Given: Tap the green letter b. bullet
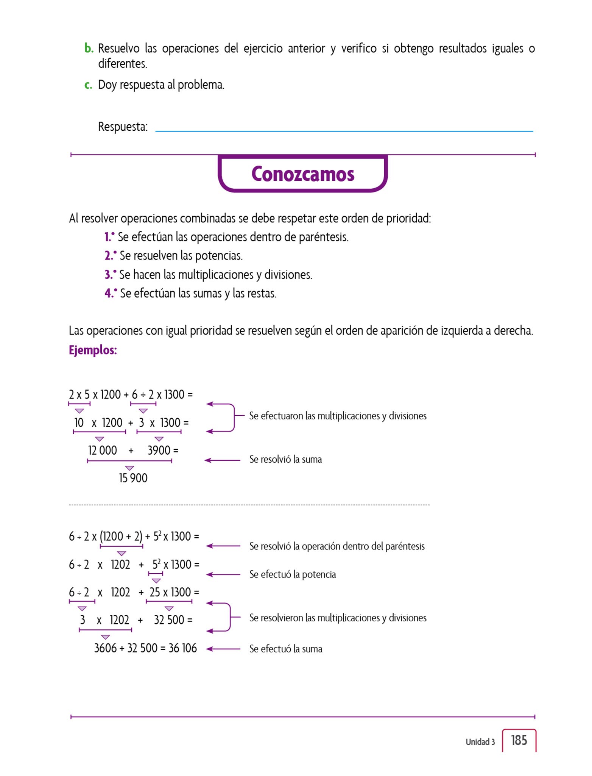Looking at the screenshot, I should (x=89, y=48).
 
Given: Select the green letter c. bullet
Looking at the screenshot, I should (x=88, y=85).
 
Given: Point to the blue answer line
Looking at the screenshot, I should (x=344, y=131).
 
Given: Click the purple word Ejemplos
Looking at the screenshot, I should (x=93, y=350).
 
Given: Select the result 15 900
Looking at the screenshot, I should (x=133, y=478).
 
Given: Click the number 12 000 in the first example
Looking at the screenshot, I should (x=102, y=451).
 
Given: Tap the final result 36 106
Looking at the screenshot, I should (x=182, y=648).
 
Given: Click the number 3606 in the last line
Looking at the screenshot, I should (x=105, y=648).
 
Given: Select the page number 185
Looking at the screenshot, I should (x=519, y=740).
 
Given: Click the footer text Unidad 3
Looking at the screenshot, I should (x=480, y=742).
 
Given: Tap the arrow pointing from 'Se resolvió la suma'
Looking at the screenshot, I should (x=223, y=460).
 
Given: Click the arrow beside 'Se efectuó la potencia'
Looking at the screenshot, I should (x=223, y=575).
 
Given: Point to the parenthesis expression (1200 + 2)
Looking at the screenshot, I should (x=121, y=537).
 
